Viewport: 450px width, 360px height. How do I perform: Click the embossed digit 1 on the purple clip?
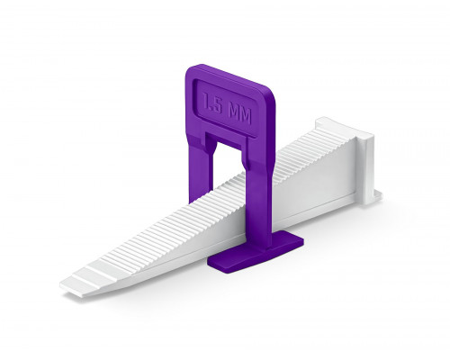(207, 101)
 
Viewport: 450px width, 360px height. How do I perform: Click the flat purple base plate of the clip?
(256, 253)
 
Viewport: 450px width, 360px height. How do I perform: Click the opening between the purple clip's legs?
(229, 165)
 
